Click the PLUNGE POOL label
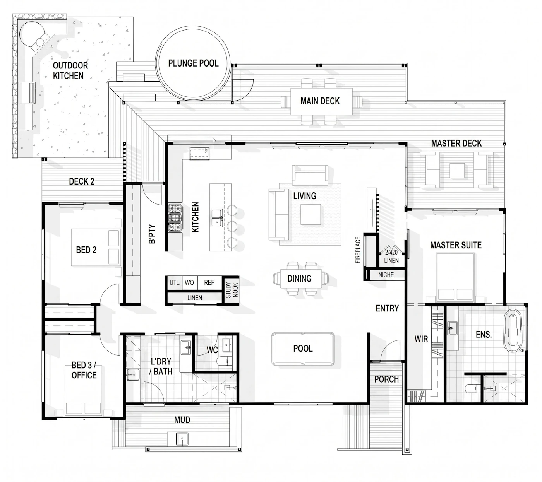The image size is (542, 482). pos(193,63)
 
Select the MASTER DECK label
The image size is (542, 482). pos(456,143)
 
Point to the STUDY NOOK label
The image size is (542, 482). pos(232,290)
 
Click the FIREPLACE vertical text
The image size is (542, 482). pos(358,250)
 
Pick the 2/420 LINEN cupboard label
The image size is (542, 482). pos(391,256)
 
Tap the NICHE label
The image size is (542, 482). pos(386,275)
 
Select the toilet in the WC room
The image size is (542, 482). pos(224,361)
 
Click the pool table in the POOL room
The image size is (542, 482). pos(303,349)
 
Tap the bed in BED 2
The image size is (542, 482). pos(96,247)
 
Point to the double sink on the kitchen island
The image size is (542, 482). pos(217,218)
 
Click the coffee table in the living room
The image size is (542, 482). pos(310,214)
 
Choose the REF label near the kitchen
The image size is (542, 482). pos(209,282)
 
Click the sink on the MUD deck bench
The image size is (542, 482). pos(182,439)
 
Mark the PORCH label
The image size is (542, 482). pos(386,379)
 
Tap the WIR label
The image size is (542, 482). pos(421,339)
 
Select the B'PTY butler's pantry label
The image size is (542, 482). pos(152,234)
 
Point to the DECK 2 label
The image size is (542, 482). pos(82,181)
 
